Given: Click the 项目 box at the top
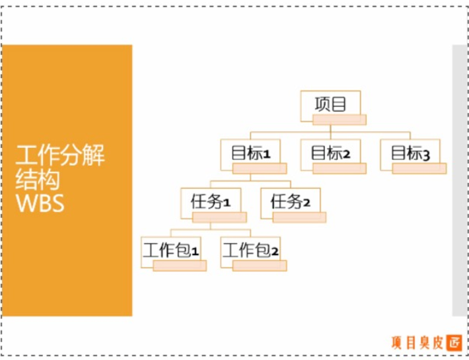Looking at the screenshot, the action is coord(330,104).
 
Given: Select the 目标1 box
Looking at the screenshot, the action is coord(250,153).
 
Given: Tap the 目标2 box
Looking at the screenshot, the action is coord(330,153).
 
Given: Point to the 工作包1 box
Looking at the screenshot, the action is coord(170,250).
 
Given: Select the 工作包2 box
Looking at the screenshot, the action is coord(250,250).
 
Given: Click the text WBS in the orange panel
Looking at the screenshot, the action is coord(40,203).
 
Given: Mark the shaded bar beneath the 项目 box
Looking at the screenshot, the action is coord(339,120).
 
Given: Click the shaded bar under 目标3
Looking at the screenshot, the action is coord(419,168).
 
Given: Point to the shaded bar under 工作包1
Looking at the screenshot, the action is coord(180,266).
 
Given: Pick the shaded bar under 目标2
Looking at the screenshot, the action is coord(339,168).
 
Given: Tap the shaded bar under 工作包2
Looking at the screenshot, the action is coord(260,266).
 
